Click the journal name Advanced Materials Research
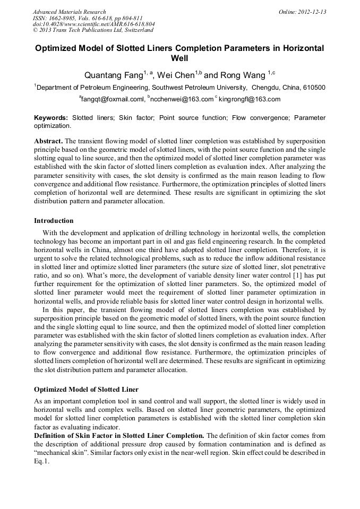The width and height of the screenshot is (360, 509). click(69, 12)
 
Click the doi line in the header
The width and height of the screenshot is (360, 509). click(93, 24)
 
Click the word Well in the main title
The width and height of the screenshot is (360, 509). click(179, 58)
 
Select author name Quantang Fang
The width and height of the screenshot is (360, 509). click(110, 75)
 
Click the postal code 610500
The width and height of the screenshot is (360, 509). click(314, 88)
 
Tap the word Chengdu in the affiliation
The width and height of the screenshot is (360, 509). click(266, 88)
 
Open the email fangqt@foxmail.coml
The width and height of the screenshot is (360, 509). click(113, 99)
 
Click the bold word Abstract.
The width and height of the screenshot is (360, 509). click(48, 142)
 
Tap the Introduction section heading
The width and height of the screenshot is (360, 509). click(54, 220)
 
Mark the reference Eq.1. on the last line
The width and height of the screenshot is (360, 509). click(41, 461)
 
